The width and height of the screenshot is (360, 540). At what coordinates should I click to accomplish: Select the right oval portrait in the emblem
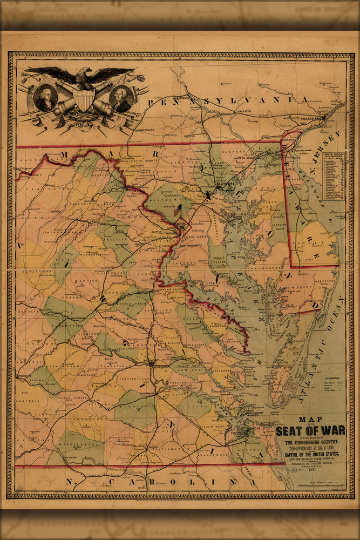point(121,98)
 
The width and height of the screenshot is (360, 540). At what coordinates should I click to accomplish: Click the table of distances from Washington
point(332,176)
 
